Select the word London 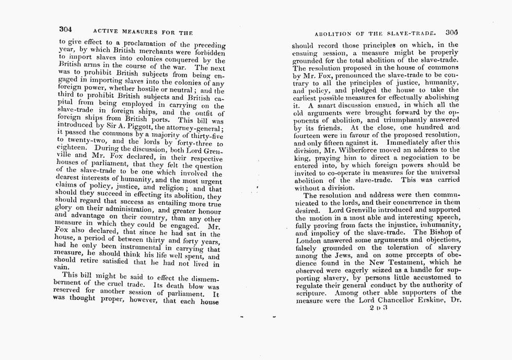tap(309, 240)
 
